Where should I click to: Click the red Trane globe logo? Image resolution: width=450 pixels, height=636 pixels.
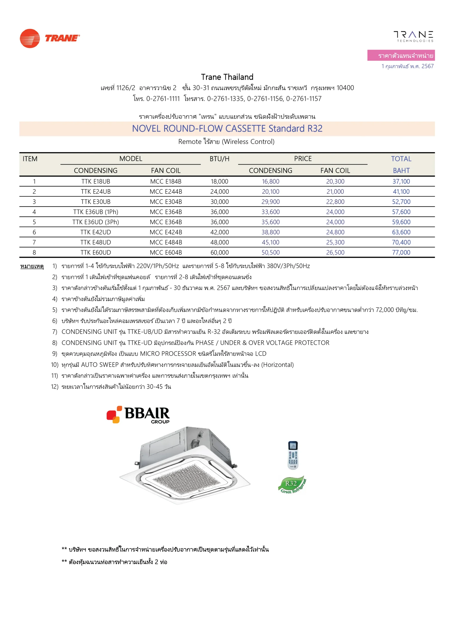30,38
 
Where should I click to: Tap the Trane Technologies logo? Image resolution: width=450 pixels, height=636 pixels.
413,36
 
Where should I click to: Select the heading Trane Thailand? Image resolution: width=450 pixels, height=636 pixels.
227,77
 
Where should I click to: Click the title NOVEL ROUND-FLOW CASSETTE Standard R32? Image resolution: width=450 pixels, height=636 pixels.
227,128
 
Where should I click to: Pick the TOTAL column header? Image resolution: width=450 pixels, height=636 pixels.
401,159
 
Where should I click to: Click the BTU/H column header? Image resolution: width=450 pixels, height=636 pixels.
219,159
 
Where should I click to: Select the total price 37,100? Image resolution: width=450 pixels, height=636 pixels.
401,181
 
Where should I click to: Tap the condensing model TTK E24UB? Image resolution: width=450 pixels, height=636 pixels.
96,192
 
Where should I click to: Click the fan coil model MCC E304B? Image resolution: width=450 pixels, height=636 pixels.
166,202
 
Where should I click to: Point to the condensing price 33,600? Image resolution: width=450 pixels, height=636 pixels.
270,212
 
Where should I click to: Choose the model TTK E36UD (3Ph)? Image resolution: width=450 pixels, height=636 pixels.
96,222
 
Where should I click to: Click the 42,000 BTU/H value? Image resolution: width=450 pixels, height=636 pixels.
219,232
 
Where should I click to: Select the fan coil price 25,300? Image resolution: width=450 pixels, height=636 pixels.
335,242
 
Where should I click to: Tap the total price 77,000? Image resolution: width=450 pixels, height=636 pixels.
401,252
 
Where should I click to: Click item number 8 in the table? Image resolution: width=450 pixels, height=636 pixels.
34,252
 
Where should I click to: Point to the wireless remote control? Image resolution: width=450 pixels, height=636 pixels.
293,455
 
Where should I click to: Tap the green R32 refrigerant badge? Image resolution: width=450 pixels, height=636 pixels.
292,485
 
